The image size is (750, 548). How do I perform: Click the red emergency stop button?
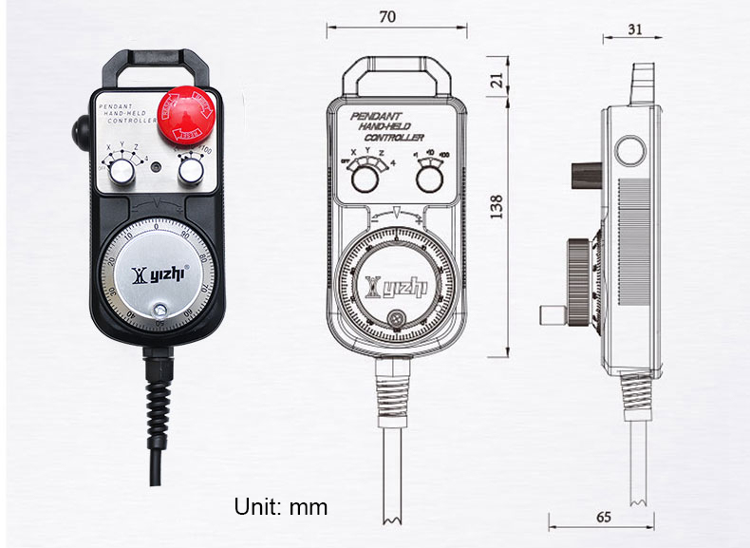coord(189,114)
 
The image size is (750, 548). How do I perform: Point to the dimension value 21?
coord(497,82)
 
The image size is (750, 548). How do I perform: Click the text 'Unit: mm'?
coord(280,506)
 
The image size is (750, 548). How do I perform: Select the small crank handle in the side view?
coord(549,313)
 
